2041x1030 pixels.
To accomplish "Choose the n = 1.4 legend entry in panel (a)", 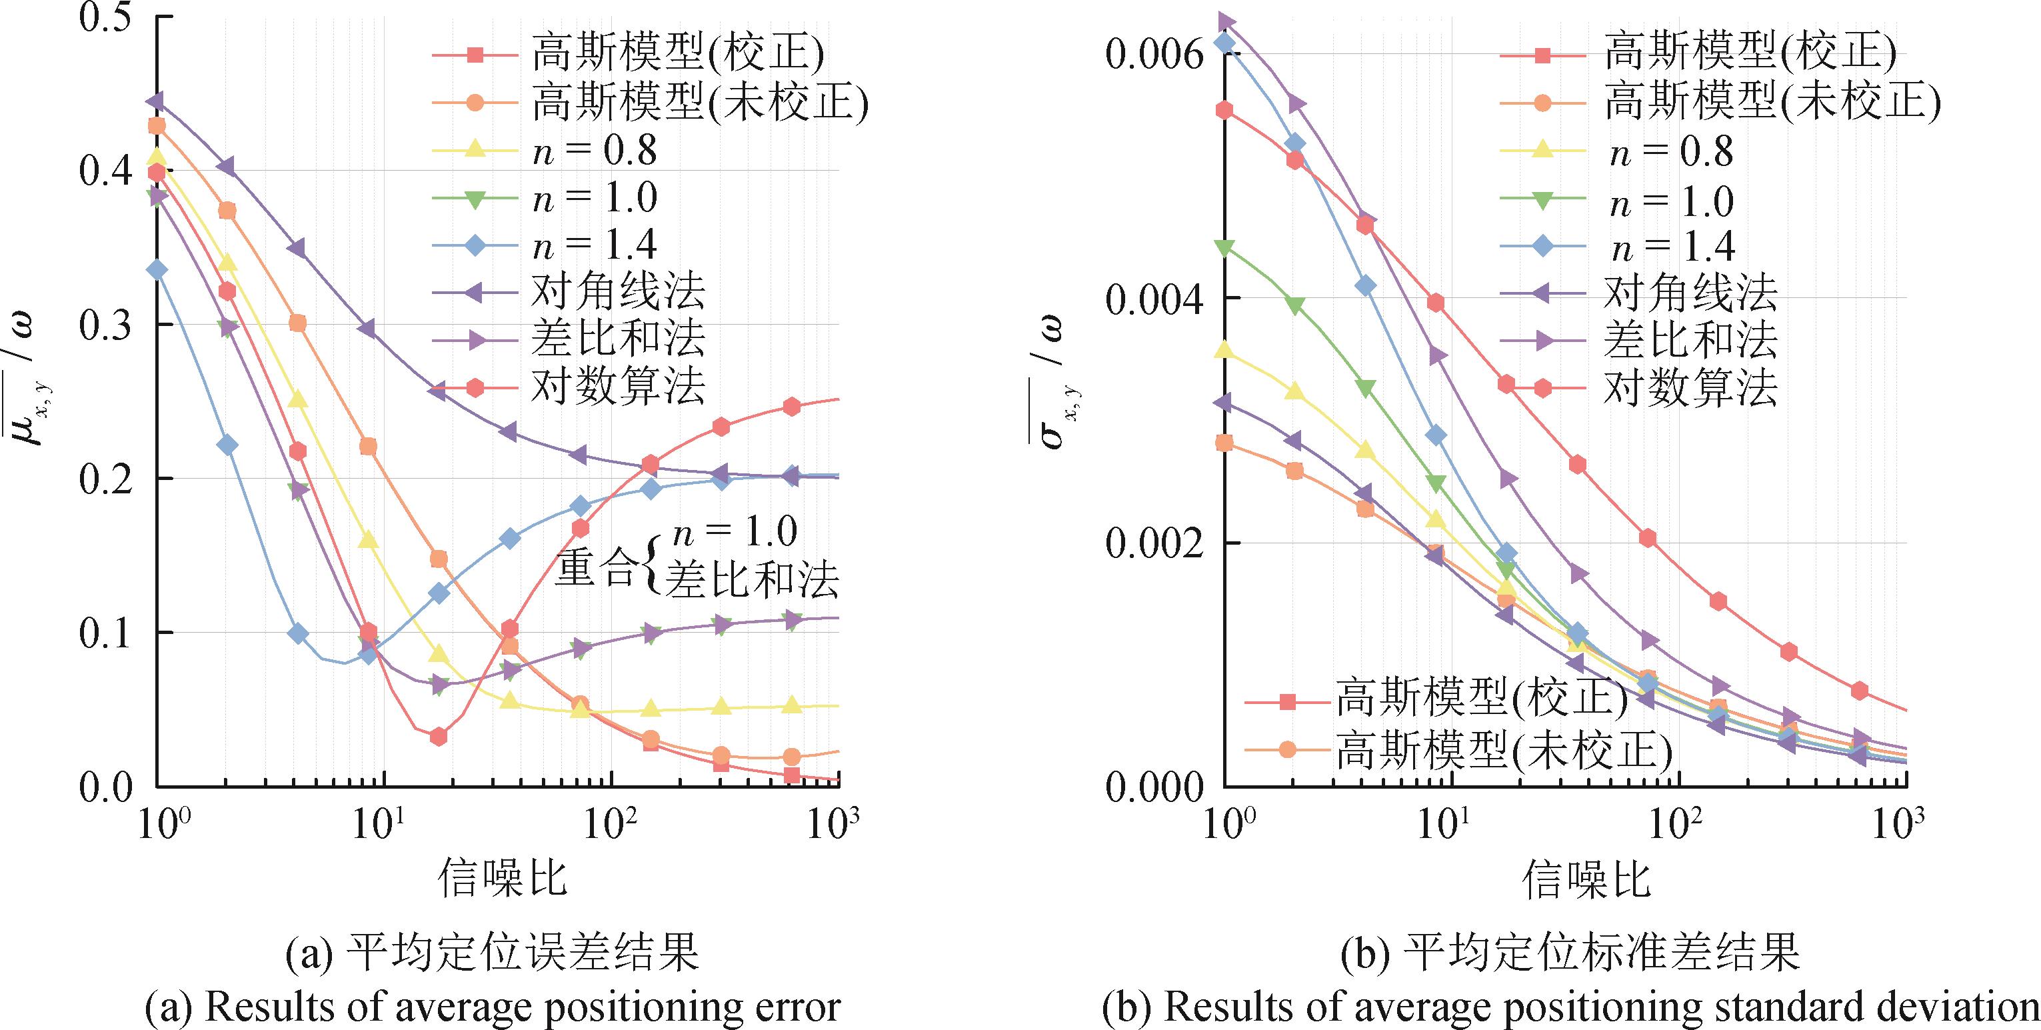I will (x=594, y=245).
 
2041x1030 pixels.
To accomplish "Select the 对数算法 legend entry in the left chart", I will (x=617, y=387).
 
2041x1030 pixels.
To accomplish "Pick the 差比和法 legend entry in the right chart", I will (x=1690, y=340).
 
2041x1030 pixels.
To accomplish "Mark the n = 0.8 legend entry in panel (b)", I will (x=1672, y=151).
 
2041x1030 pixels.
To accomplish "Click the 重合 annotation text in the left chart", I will (x=595, y=567).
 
